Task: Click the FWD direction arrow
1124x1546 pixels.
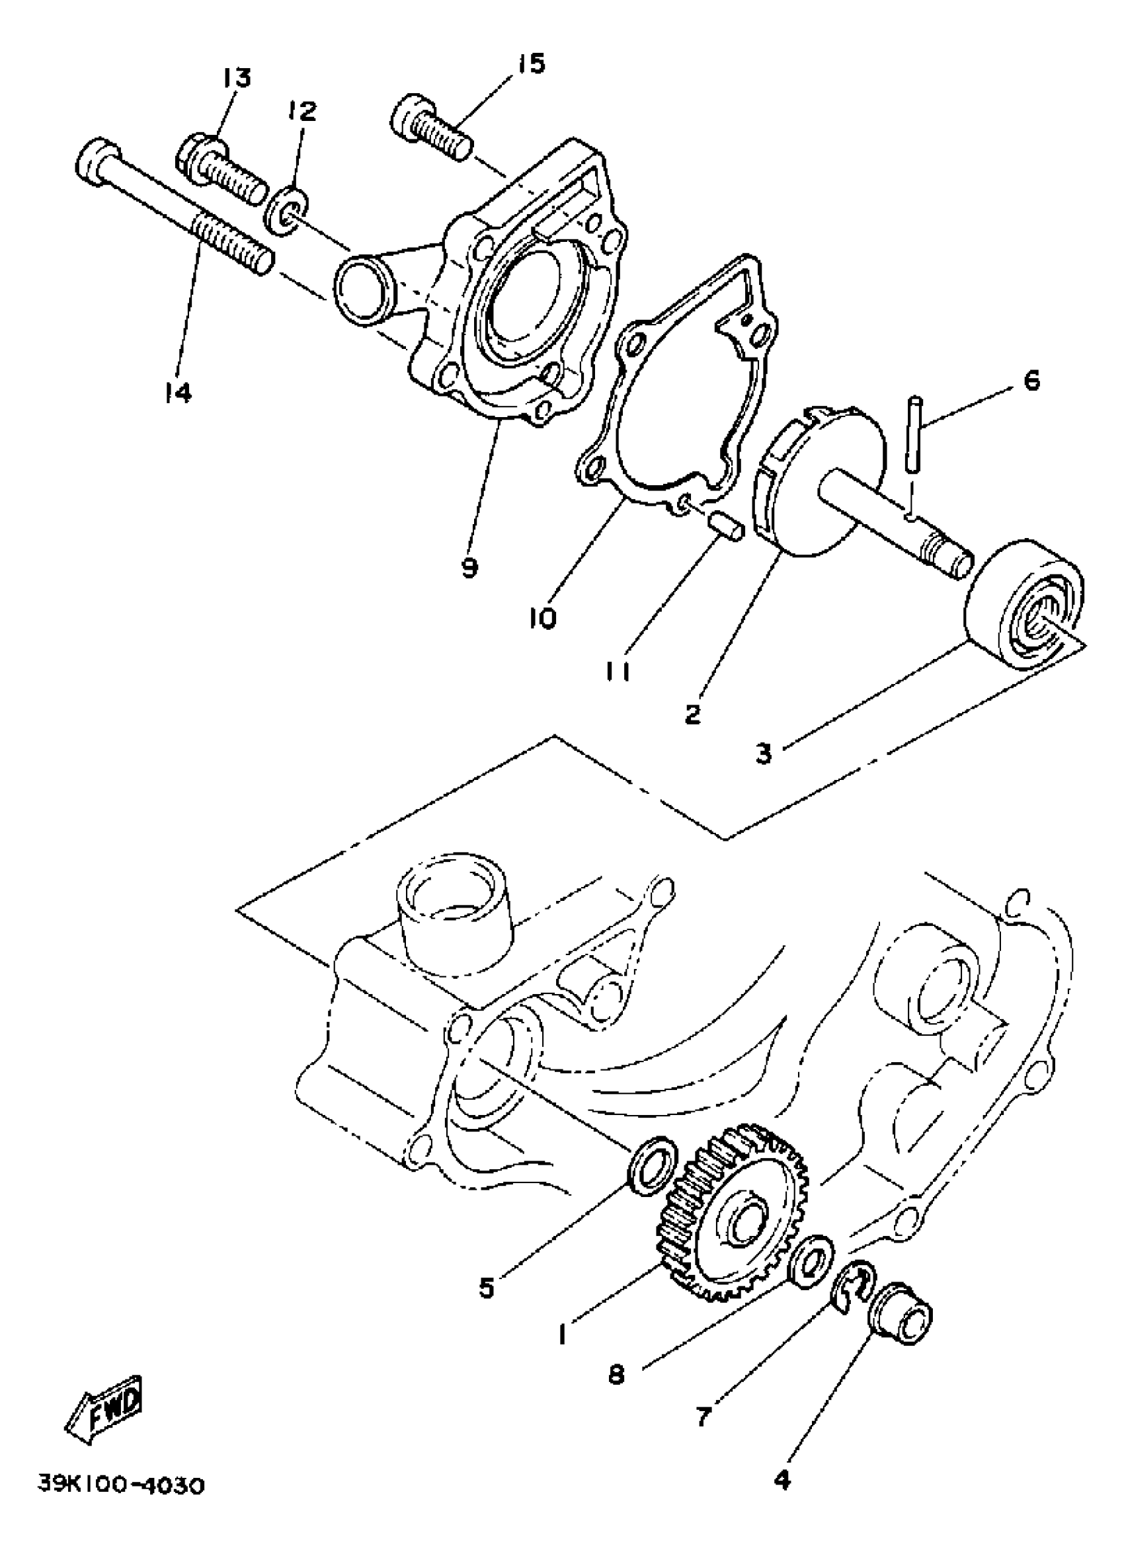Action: (x=106, y=1395)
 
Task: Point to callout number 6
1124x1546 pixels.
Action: (x=1033, y=380)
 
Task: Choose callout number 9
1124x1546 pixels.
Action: (x=469, y=566)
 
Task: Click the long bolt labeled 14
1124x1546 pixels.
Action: (x=177, y=204)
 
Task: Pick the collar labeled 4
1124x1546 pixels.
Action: (x=901, y=1313)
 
